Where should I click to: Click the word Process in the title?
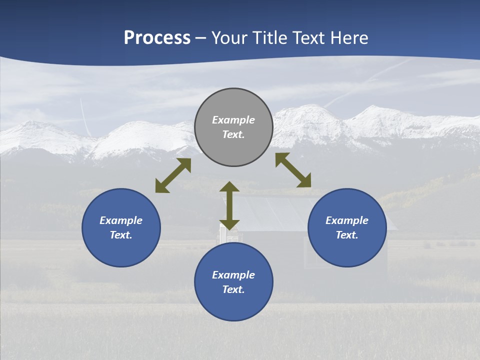pyautogui.click(x=157, y=38)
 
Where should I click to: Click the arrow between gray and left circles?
pyautogui.click(x=173, y=175)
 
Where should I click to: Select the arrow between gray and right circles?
pyautogui.click(x=293, y=170)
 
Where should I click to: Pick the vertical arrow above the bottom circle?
pyautogui.click(x=229, y=205)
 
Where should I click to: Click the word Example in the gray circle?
pyautogui.click(x=233, y=120)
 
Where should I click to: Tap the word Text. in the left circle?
pyautogui.click(x=121, y=235)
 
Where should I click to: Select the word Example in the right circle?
pyautogui.click(x=347, y=220)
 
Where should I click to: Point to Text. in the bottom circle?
pyautogui.click(x=233, y=289)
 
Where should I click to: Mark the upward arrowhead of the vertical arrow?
pyautogui.click(x=229, y=187)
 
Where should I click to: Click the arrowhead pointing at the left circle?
pyautogui.click(x=161, y=186)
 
